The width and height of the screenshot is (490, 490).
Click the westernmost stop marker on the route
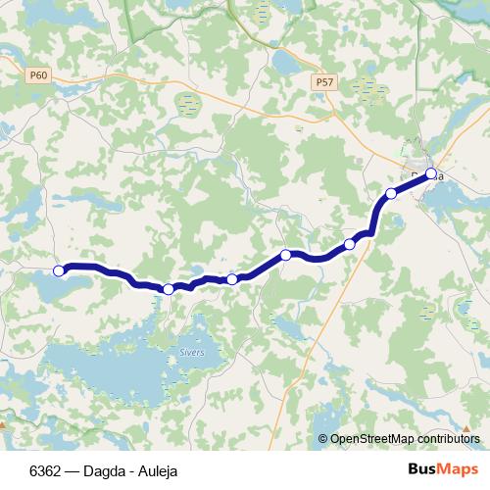(x=59, y=270)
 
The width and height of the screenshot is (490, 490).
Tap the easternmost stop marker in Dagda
(x=430, y=173)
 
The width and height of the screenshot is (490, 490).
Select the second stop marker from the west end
(x=169, y=289)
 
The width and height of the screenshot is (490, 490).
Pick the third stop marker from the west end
(x=232, y=279)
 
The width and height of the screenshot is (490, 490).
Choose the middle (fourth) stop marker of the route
(x=286, y=255)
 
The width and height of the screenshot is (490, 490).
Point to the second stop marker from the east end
(x=391, y=193)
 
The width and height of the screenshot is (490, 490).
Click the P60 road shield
(x=38, y=74)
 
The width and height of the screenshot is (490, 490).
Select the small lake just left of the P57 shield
(x=286, y=64)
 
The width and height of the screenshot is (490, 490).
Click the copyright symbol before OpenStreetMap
(x=322, y=439)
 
